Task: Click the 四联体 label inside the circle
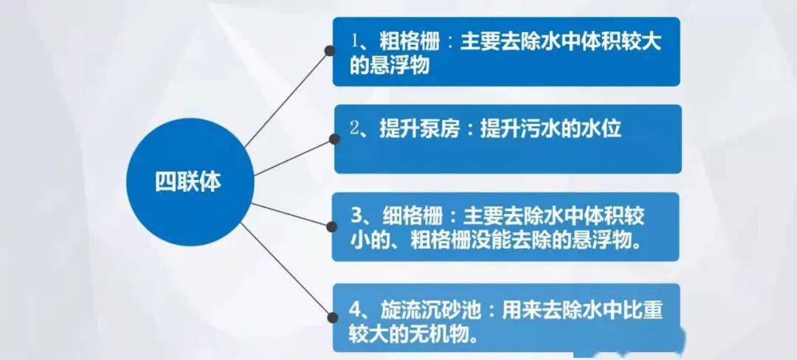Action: click(188, 182)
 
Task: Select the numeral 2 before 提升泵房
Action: click(355, 129)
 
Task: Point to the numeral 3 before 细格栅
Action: click(356, 216)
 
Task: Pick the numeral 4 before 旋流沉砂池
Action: click(355, 309)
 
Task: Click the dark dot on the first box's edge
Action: click(331, 50)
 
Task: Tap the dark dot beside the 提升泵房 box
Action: click(334, 139)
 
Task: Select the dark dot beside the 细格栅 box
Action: click(332, 226)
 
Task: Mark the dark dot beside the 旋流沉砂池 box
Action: click(332, 318)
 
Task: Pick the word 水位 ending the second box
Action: click(601, 129)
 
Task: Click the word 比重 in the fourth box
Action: click(643, 310)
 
